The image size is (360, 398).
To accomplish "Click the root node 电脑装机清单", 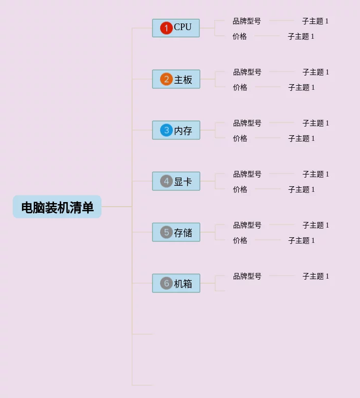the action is pos(57,207).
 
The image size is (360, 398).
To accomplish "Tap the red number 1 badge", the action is pos(166,28).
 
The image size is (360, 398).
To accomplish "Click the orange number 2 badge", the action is pos(166,79).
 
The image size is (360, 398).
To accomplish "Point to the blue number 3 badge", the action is pos(166,130).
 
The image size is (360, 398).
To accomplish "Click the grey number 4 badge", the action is pos(166,181).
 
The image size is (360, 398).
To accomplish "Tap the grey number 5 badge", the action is pos(166,232).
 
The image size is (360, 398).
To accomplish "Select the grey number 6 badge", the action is pos(166,283).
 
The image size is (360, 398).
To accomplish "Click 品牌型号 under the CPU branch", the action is pos(247,21).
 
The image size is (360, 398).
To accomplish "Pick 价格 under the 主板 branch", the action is pos(240,88).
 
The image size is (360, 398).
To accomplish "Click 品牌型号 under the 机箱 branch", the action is pos(247,277).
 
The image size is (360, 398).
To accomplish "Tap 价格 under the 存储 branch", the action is pos(240,241).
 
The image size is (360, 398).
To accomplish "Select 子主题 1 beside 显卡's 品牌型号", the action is pos(316,175).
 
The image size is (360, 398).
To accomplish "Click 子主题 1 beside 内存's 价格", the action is pos(301,139).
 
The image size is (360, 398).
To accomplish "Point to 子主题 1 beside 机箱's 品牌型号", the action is pos(316,277).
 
